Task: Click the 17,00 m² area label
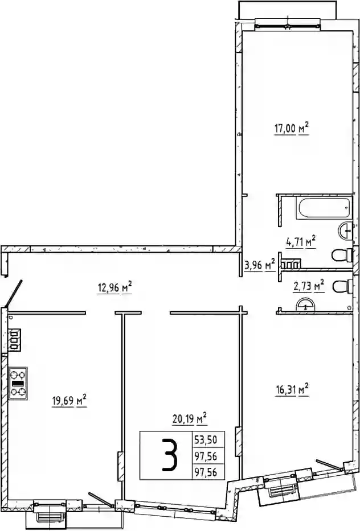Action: pos(292,129)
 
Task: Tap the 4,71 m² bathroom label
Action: pos(301,242)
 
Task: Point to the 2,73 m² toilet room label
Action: pos(309,286)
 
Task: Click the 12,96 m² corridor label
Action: pos(114,288)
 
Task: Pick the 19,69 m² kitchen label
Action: pos(69,401)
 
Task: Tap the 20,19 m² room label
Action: pos(190,418)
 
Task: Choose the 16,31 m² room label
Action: pos(292,390)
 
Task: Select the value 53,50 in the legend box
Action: pos(206,440)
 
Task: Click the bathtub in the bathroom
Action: pos(322,208)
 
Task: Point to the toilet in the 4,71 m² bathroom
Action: pos(342,256)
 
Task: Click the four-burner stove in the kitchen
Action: pos(18,384)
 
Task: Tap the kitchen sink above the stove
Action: pos(15,340)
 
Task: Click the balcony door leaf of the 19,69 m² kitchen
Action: pos(101,500)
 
